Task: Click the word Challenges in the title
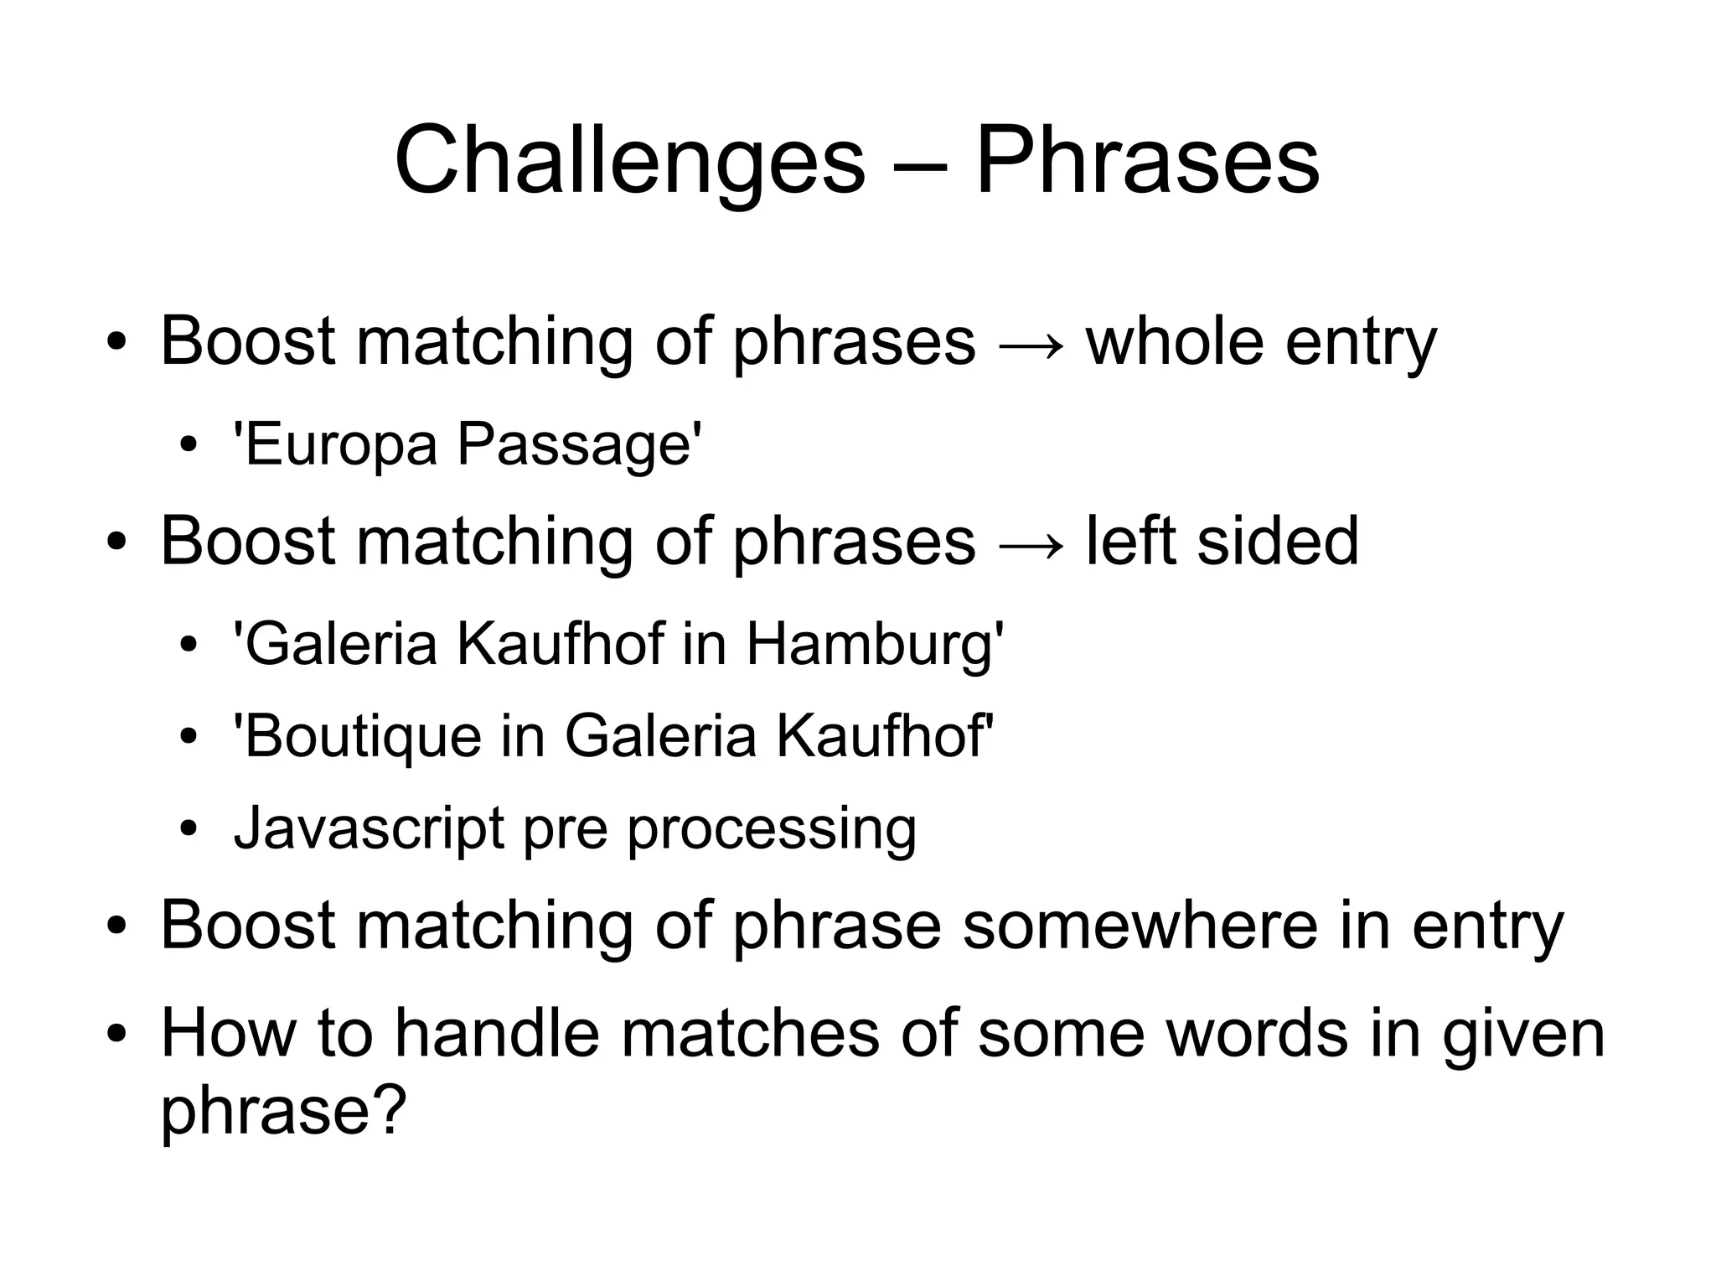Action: (629, 162)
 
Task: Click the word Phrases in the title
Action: (1147, 162)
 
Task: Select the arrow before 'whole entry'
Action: (1031, 345)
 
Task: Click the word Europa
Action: (340, 444)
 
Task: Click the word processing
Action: (772, 830)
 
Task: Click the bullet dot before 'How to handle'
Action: (116, 1035)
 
